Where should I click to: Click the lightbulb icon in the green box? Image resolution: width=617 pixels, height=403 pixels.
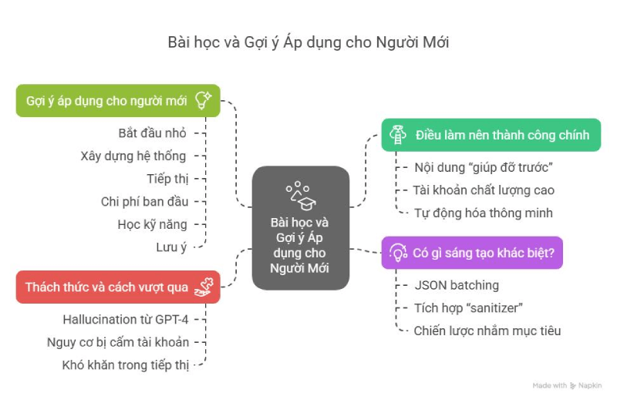click(x=204, y=100)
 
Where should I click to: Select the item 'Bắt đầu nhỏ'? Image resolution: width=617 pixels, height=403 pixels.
click(x=152, y=133)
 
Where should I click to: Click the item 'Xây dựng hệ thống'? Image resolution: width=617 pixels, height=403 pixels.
click(x=133, y=156)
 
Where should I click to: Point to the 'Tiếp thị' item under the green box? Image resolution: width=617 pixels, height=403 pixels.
click(x=167, y=179)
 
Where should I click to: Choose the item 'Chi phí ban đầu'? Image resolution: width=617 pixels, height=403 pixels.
click(x=144, y=202)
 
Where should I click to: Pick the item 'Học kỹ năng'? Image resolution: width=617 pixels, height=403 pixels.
click(x=152, y=224)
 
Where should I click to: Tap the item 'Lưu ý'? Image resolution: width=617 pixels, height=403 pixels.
click(x=171, y=247)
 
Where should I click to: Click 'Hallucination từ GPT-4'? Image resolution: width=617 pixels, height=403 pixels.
click(x=126, y=320)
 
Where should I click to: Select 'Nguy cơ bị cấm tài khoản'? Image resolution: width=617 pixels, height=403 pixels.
click(x=118, y=342)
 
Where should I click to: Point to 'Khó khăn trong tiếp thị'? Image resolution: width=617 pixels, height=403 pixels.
click(x=126, y=365)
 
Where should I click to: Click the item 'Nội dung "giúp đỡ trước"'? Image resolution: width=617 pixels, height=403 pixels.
click(x=484, y=167)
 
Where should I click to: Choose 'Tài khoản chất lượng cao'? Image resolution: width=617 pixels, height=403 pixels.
click(x=484, y=190)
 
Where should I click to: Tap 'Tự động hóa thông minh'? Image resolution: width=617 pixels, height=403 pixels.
click(x=484, y=213)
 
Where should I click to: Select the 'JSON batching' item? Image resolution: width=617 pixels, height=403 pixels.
click(x=457, y=285)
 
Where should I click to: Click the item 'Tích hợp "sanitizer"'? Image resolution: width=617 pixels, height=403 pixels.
click(x=468, y=308)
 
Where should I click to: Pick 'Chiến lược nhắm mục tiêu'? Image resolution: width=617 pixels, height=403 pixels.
click(x=487, y=331)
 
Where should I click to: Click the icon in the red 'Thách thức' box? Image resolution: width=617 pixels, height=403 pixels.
click(x=204, y=287)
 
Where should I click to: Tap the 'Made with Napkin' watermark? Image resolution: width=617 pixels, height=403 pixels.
click(x=567, y=385)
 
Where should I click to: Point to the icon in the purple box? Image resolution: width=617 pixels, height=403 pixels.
click(x=398, y=253)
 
